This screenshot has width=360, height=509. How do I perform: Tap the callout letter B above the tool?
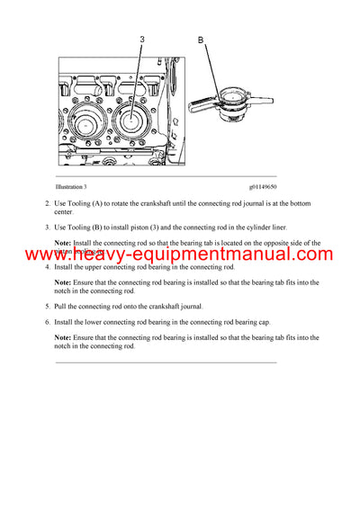201,40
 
